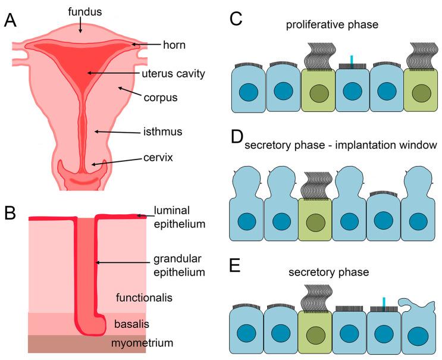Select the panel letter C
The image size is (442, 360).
[236, 18]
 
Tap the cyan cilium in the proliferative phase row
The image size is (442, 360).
[352, 61]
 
